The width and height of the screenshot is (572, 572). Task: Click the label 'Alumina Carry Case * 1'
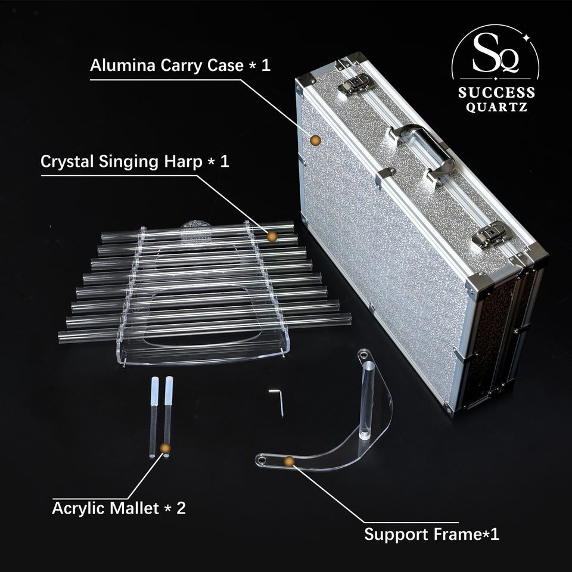tap(180, 66)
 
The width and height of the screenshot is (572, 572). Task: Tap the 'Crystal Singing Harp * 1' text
tap(135, 161)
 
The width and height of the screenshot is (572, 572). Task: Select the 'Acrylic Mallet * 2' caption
tap(119, 508)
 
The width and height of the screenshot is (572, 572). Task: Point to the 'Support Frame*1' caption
tap(431, 534)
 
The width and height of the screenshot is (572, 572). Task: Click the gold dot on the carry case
tap(316, 141)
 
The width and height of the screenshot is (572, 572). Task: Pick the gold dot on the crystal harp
tap(272, 237)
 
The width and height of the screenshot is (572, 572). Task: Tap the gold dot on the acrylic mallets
tap(165, 448)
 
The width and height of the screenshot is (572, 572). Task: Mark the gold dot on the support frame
tap(290, 461)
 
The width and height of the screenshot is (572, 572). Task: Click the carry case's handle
tap(423, 153)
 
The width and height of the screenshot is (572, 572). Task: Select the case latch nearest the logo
tap(356, 85)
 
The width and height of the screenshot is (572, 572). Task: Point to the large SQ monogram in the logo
tap(496, 53)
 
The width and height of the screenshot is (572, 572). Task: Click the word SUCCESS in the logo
tap(496, 92)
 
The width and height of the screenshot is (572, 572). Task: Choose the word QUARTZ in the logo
tap(496, 107)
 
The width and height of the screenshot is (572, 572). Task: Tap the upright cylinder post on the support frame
tap(367, 400)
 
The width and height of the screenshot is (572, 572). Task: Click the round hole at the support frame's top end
tap(363, 354)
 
